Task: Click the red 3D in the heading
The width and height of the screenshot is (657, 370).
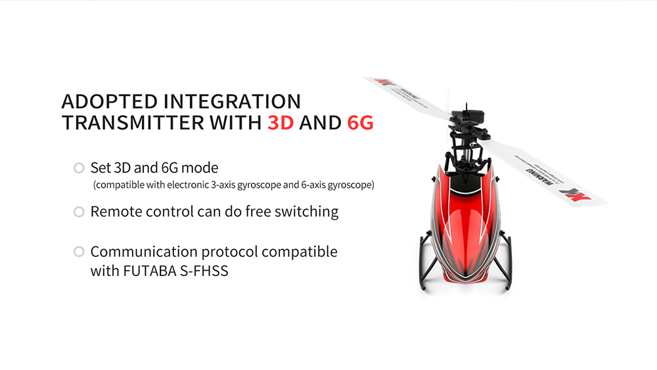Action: click(281, 122)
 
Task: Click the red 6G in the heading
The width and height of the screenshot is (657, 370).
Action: click(360, 122)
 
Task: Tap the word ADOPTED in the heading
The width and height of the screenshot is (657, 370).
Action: click(109, 102)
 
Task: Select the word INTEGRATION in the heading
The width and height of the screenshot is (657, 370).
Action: click(232, 102)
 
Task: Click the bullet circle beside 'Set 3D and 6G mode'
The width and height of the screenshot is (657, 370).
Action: click(79, 168)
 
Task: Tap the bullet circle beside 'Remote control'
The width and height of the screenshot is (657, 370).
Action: click(79, 212)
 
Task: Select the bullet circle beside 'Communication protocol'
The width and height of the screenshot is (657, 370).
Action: click(79, 252)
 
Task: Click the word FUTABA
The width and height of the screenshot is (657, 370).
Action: click(150, 270)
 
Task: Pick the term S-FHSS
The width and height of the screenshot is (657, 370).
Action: click(203, 270)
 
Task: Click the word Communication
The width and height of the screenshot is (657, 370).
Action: click(143, 252)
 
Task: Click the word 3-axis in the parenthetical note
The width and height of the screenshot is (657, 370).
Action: click(221, 185)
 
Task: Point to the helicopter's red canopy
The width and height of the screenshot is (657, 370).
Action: click(463, 223)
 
